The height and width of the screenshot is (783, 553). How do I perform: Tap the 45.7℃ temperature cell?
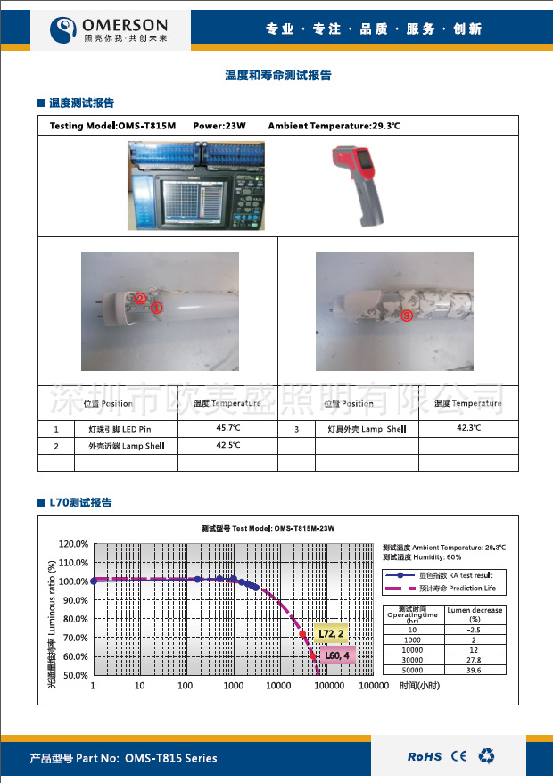coord(228,428)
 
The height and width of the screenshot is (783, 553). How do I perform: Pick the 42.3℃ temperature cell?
coord(468,428)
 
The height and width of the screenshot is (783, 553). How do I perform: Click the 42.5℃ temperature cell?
coord(228,445)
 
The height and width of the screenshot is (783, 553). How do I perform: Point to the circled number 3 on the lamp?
coord(406,315)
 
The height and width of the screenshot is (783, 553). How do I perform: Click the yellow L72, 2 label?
coord(330,633)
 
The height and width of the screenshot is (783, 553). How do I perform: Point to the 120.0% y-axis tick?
coord(73,543)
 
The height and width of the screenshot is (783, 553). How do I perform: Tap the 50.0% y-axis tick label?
coord(73,675)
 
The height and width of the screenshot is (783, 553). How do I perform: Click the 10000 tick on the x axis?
coord(277,686)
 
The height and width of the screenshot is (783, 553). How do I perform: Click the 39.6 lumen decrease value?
coord(475,669)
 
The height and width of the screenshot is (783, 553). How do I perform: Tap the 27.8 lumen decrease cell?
coord(475,660)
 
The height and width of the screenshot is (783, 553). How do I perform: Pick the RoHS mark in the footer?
coord(425,756)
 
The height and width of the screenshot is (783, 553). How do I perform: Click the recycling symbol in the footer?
coord(486,756)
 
